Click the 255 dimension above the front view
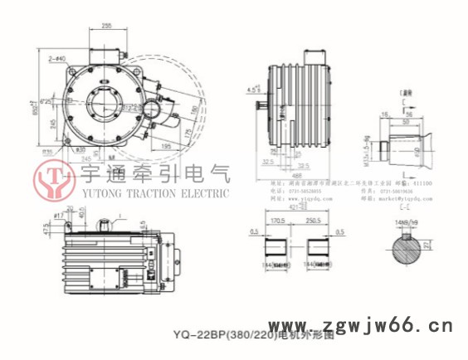(x=108, y=27)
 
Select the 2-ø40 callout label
(x=58, y=59)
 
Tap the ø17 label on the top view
(x=59, y=216)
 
